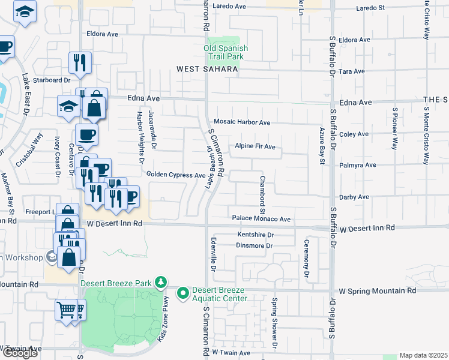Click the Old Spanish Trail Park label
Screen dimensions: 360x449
pyautogui.click(x=226, y=52)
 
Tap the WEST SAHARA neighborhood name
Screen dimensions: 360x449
pyautogui.click(x=208, y=70)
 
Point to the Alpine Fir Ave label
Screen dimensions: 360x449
pyautogui.click(x=255, y=146)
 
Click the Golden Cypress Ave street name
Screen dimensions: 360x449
pyautogui.click(x=176, y=175)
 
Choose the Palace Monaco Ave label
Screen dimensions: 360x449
pyautogui.click(x=261, y=220)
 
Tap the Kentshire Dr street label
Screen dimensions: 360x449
pyautogui.click(x=255, y=235)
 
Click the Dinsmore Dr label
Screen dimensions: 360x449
pyautogui.click(x=255, y=245)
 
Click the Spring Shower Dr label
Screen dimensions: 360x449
pyautogui.click(x=274, y=324)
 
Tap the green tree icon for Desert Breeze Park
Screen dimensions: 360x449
pyautogui.click(x=160, y=281)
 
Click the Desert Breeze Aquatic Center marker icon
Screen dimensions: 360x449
pyautogui.click(x=182, y=293)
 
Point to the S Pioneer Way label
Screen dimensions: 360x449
pyautogui.click(x=395, y=128)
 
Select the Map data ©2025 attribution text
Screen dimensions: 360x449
pyautogui.click(x=423, y=355)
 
